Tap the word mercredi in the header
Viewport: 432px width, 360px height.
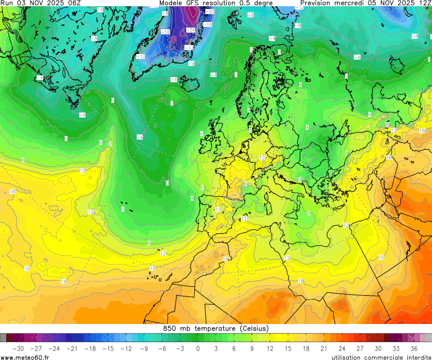(349, 3)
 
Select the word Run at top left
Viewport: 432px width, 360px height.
(7, 3)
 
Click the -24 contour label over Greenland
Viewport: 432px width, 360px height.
(191, 30)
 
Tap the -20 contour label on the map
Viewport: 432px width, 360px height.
(210, 11)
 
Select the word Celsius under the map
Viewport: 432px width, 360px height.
(254, 328)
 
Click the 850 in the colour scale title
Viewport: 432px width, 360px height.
(170, 328)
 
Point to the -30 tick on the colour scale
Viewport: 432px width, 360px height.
(17, 349)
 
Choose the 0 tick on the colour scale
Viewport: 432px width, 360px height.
(198, 349)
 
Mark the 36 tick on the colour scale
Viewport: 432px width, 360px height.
(413, 349)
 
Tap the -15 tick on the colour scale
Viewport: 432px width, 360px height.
(107, 349)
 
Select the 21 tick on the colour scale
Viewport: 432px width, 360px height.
(324, 349)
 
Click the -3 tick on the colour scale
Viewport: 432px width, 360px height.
(179, 349)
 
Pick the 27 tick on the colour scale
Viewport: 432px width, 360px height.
(360, 349)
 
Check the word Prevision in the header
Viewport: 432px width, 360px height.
(318, 3)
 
